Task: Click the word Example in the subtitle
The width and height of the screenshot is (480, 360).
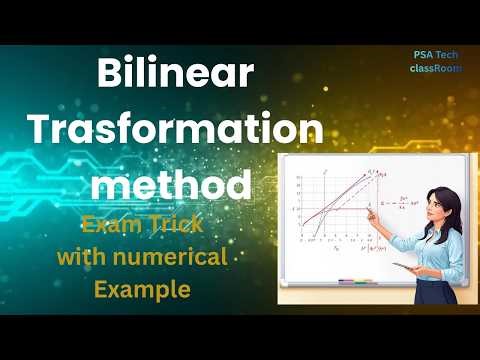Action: coord(141,290)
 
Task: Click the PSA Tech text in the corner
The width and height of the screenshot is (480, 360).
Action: coord(435,56)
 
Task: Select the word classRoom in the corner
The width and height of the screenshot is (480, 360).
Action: coord(434,69)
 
